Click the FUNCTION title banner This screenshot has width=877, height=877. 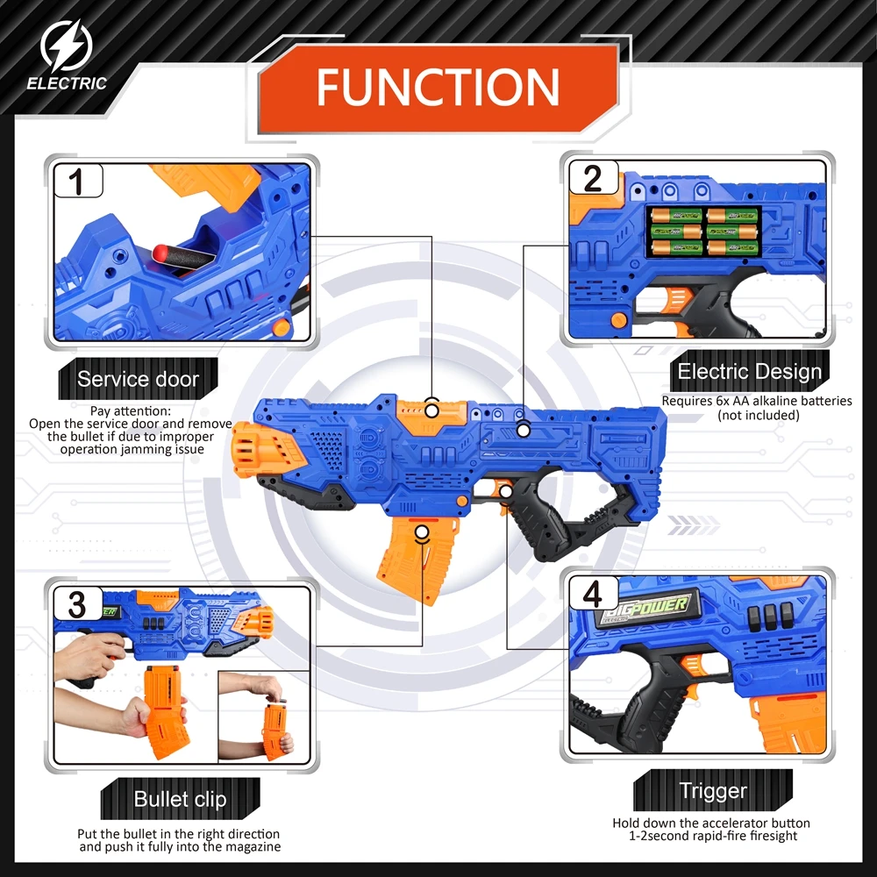[438, 87]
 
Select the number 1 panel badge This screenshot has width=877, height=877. [76, 182]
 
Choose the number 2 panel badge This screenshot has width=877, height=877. [593, 179]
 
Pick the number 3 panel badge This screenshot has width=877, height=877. [76, 604]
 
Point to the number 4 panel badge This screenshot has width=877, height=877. [593, 595]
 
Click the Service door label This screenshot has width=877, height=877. [138, 380]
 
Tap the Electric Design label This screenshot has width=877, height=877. [750, 371]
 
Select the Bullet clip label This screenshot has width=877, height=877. [181, 799]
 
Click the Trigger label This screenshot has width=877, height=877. [713, 791]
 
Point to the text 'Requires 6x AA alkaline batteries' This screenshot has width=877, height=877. [757, 401]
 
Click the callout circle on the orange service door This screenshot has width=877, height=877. [431, 407]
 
